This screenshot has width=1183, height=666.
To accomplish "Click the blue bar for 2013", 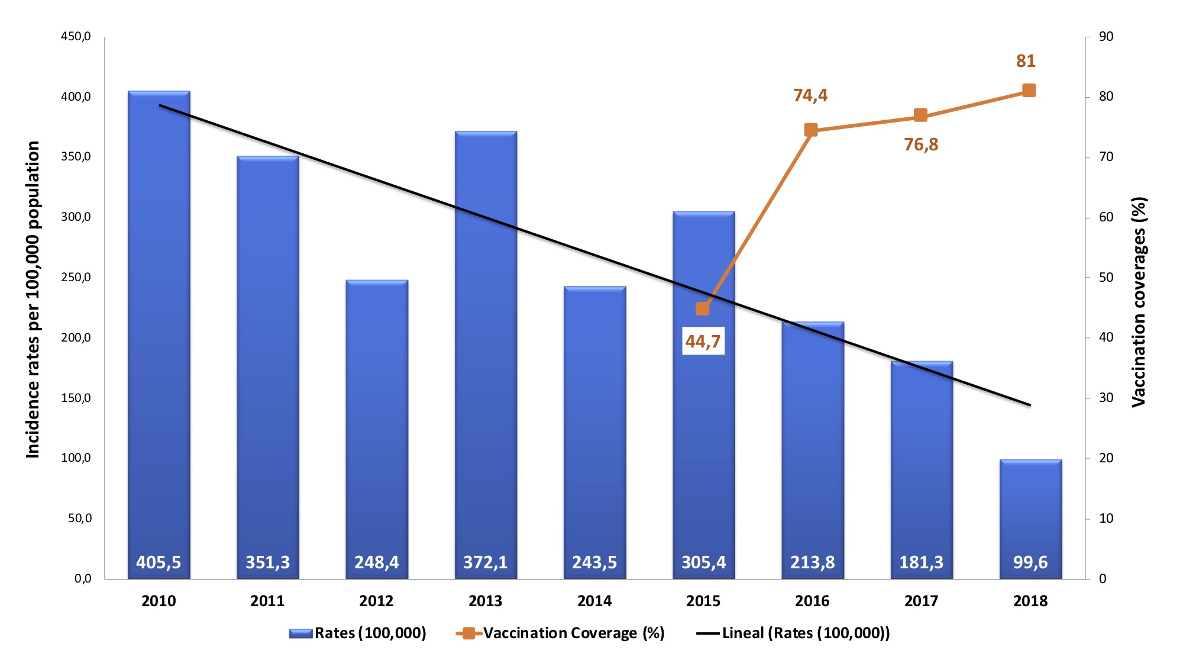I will tap(486, 355).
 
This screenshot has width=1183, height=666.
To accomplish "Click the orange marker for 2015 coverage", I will tap(703, 308).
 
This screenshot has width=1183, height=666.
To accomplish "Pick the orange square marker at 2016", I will tap(811, 130).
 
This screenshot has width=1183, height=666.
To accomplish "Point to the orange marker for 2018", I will tap(1029, 91).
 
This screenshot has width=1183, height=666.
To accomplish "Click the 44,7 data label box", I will tap(703, 341).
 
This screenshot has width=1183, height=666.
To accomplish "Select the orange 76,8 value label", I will tap(921, 144).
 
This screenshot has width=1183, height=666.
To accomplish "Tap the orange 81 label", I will tap(1026, 61).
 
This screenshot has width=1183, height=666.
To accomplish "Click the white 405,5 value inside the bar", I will tap(159, 562).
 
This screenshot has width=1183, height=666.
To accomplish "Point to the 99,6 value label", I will tap(1030, 562).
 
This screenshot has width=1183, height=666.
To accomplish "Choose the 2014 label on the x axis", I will tap(594, 601).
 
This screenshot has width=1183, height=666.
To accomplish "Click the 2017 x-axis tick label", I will tap(921, 601).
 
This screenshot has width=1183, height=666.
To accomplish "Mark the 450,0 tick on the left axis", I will tap(76, 37).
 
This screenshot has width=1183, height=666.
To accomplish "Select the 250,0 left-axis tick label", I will tap(76, 278).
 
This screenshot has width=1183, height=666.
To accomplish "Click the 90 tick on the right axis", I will tap(1106, 37).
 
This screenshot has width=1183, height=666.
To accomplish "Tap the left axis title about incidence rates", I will tap(33, 299).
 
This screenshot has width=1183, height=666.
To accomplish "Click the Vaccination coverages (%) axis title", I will tap(1139, 302).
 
